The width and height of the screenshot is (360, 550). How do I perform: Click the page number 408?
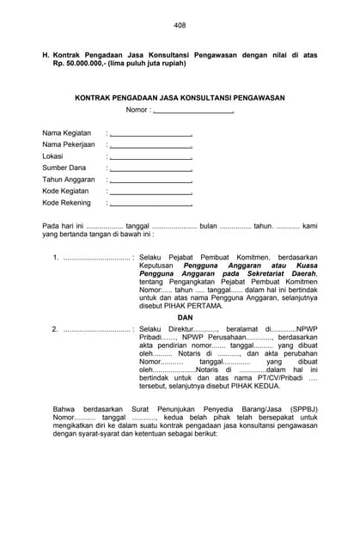point(180,26)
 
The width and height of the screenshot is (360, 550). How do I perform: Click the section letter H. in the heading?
point(46,54)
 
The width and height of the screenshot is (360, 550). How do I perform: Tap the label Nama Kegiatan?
point(67,133)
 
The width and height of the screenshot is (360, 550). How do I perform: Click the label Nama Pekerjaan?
point(69,145)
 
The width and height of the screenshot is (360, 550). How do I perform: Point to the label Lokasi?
point(53,156)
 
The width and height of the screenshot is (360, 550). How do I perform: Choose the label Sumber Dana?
point(64,168)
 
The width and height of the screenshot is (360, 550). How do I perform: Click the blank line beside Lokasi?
point(150,157)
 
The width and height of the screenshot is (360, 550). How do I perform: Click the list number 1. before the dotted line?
point(56,257)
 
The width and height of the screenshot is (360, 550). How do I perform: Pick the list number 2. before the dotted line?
point(56,329)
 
